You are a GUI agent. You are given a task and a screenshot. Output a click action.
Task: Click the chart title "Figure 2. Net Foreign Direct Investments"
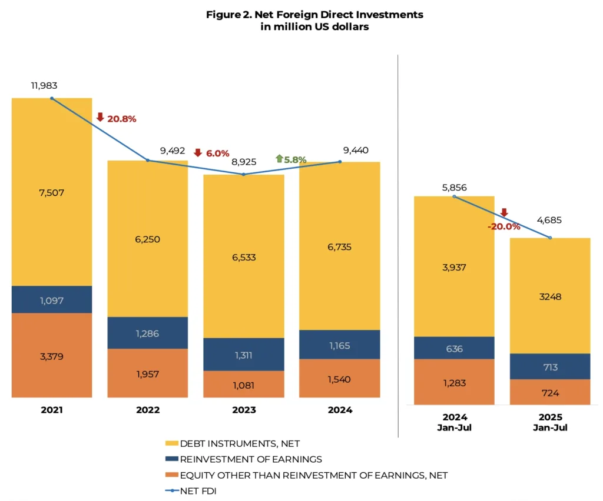314,15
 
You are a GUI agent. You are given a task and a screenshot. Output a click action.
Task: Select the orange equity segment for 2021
52,355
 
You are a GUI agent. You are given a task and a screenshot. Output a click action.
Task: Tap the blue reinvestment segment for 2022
147,333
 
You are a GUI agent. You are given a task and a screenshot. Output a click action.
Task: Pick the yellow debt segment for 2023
244,256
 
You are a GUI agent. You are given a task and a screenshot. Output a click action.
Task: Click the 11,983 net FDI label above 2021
44,85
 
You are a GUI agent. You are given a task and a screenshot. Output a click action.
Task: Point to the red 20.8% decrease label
121,119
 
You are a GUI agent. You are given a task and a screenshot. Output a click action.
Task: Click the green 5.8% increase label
294,159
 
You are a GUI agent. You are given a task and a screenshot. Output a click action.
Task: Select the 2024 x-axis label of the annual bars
339,410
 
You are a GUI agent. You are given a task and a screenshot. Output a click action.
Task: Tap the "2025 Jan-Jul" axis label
550,422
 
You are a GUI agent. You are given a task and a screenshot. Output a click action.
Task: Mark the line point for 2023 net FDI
244,175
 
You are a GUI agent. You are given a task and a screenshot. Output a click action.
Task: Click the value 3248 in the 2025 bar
550,296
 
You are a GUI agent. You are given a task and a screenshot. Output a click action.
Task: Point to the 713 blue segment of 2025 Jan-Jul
550,367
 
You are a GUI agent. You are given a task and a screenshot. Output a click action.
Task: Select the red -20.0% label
503,226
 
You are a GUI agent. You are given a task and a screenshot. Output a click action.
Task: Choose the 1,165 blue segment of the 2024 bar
339,345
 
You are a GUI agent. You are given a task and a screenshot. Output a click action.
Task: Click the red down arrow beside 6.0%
198,152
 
